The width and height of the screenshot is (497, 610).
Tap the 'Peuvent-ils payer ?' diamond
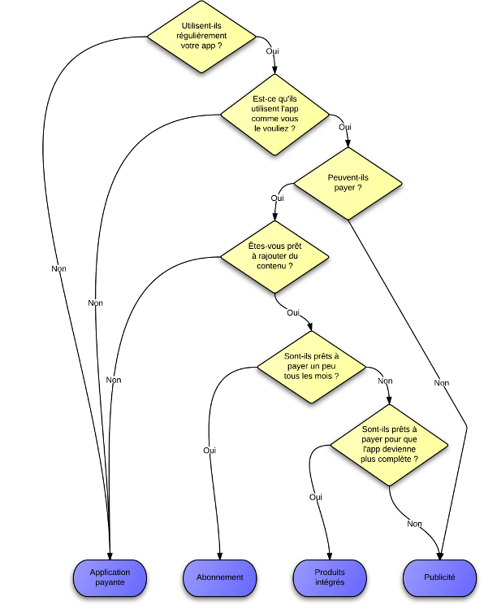click(x=348, y=183)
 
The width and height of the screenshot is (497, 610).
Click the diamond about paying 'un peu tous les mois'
click(x=313, y=368)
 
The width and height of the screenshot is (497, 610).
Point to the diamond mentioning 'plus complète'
click(x=389, y=446)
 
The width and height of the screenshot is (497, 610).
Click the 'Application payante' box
click(x=110, y=577)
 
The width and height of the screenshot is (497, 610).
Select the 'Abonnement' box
click(x=220, y=577)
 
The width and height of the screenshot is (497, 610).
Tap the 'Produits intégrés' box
click(x=329, y=577)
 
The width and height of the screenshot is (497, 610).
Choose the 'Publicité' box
click(x=439, y=577)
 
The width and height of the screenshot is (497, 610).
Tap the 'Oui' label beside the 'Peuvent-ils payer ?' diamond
click(x=277, y=198)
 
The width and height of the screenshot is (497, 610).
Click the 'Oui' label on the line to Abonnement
click(x=209, y=449)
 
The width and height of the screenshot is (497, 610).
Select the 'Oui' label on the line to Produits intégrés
click(x=316, y=496)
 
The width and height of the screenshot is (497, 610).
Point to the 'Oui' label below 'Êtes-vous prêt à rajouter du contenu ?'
click(x=293, y=312)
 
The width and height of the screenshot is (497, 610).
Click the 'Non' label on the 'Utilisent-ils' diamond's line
click(x=58, y=269)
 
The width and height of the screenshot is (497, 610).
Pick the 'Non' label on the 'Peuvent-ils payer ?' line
click(x=441, y=382)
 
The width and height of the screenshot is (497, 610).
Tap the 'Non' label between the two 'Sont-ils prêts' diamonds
click(x=386, y=381)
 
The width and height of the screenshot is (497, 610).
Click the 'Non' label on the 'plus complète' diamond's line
click(x=415, y=524)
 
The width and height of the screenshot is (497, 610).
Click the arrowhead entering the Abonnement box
click(x=220, y=556)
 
